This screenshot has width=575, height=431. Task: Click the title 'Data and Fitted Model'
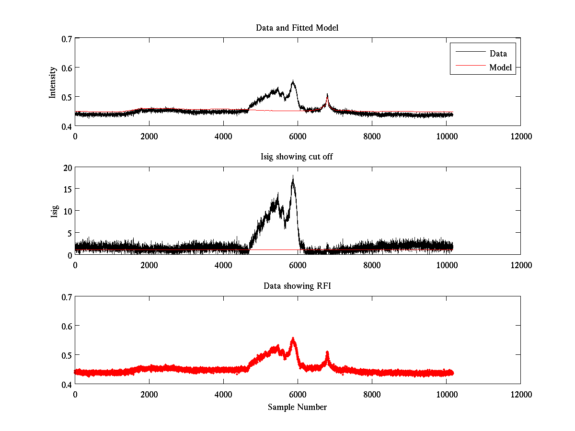297,28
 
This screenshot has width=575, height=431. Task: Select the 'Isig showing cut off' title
297,157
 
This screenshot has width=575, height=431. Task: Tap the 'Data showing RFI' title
297,286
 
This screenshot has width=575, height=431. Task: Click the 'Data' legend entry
498,54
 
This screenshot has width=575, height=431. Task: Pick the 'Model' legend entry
500,68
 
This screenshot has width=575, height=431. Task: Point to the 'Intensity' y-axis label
53,82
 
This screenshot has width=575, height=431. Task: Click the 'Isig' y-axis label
54,211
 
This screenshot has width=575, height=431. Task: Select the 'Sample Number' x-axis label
297,407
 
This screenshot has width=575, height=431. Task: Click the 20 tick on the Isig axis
67,167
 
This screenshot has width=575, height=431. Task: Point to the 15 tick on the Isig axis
67,189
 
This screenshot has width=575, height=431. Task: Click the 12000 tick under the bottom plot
520,394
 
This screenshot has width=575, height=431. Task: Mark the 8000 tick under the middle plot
372,265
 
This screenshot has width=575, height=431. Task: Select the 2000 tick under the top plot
149,136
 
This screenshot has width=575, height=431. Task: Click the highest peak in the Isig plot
293,176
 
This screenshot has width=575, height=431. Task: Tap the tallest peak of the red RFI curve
293,339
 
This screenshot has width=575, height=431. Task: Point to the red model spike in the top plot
327,95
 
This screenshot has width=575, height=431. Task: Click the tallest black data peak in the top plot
293,81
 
